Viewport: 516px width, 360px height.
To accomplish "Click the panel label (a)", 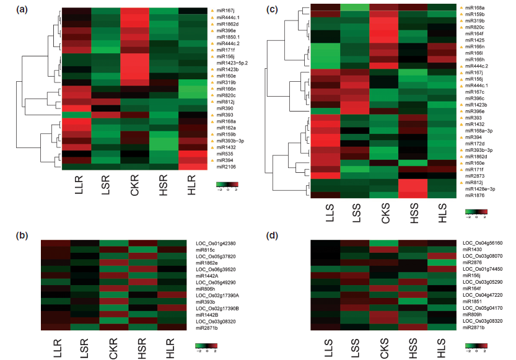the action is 22,10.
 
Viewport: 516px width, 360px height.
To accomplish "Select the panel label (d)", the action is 272,235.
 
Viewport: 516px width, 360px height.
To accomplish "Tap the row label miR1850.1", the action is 228,37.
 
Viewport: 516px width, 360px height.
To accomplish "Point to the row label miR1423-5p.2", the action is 232,63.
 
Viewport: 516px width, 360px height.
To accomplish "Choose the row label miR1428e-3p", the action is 480,189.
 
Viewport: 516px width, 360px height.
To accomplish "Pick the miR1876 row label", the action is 474,195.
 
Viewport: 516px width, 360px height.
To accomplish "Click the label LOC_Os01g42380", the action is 216,244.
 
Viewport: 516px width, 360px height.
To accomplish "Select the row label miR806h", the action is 206,289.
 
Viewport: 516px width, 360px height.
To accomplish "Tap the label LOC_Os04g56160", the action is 483,243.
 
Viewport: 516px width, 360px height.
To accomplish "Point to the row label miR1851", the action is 472,301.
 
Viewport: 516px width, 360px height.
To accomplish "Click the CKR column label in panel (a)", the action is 134,185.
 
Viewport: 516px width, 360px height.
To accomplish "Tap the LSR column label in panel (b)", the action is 84,348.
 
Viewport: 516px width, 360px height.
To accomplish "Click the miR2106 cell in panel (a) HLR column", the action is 193,167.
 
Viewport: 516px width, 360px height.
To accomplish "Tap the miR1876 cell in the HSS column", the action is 413,195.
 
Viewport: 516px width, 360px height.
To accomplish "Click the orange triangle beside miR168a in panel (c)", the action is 461,7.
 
